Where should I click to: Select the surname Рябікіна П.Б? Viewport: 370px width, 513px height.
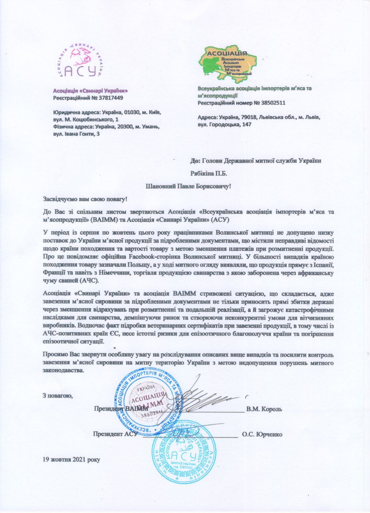(x=209, y=173)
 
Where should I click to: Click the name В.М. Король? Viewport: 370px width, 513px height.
(x=264, y=409)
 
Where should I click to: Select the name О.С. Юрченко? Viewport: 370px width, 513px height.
(x=262, y=434)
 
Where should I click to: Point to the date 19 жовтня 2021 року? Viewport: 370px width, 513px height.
(x=72, y=459)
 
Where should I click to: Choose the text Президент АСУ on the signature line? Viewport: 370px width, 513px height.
(x=115, y=434)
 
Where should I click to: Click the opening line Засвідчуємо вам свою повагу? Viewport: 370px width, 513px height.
(x=85, y=199)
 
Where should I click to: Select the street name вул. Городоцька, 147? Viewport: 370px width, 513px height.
(x=225, y=124)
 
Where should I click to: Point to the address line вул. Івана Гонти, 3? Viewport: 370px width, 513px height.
(x=76, y=134)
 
